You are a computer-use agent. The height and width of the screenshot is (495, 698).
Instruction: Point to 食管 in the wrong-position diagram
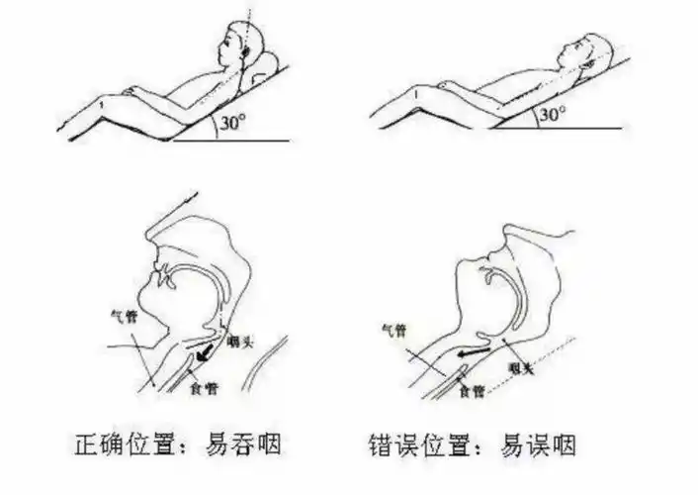471,392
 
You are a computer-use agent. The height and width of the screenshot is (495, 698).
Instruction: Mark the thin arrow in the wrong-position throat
476,348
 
